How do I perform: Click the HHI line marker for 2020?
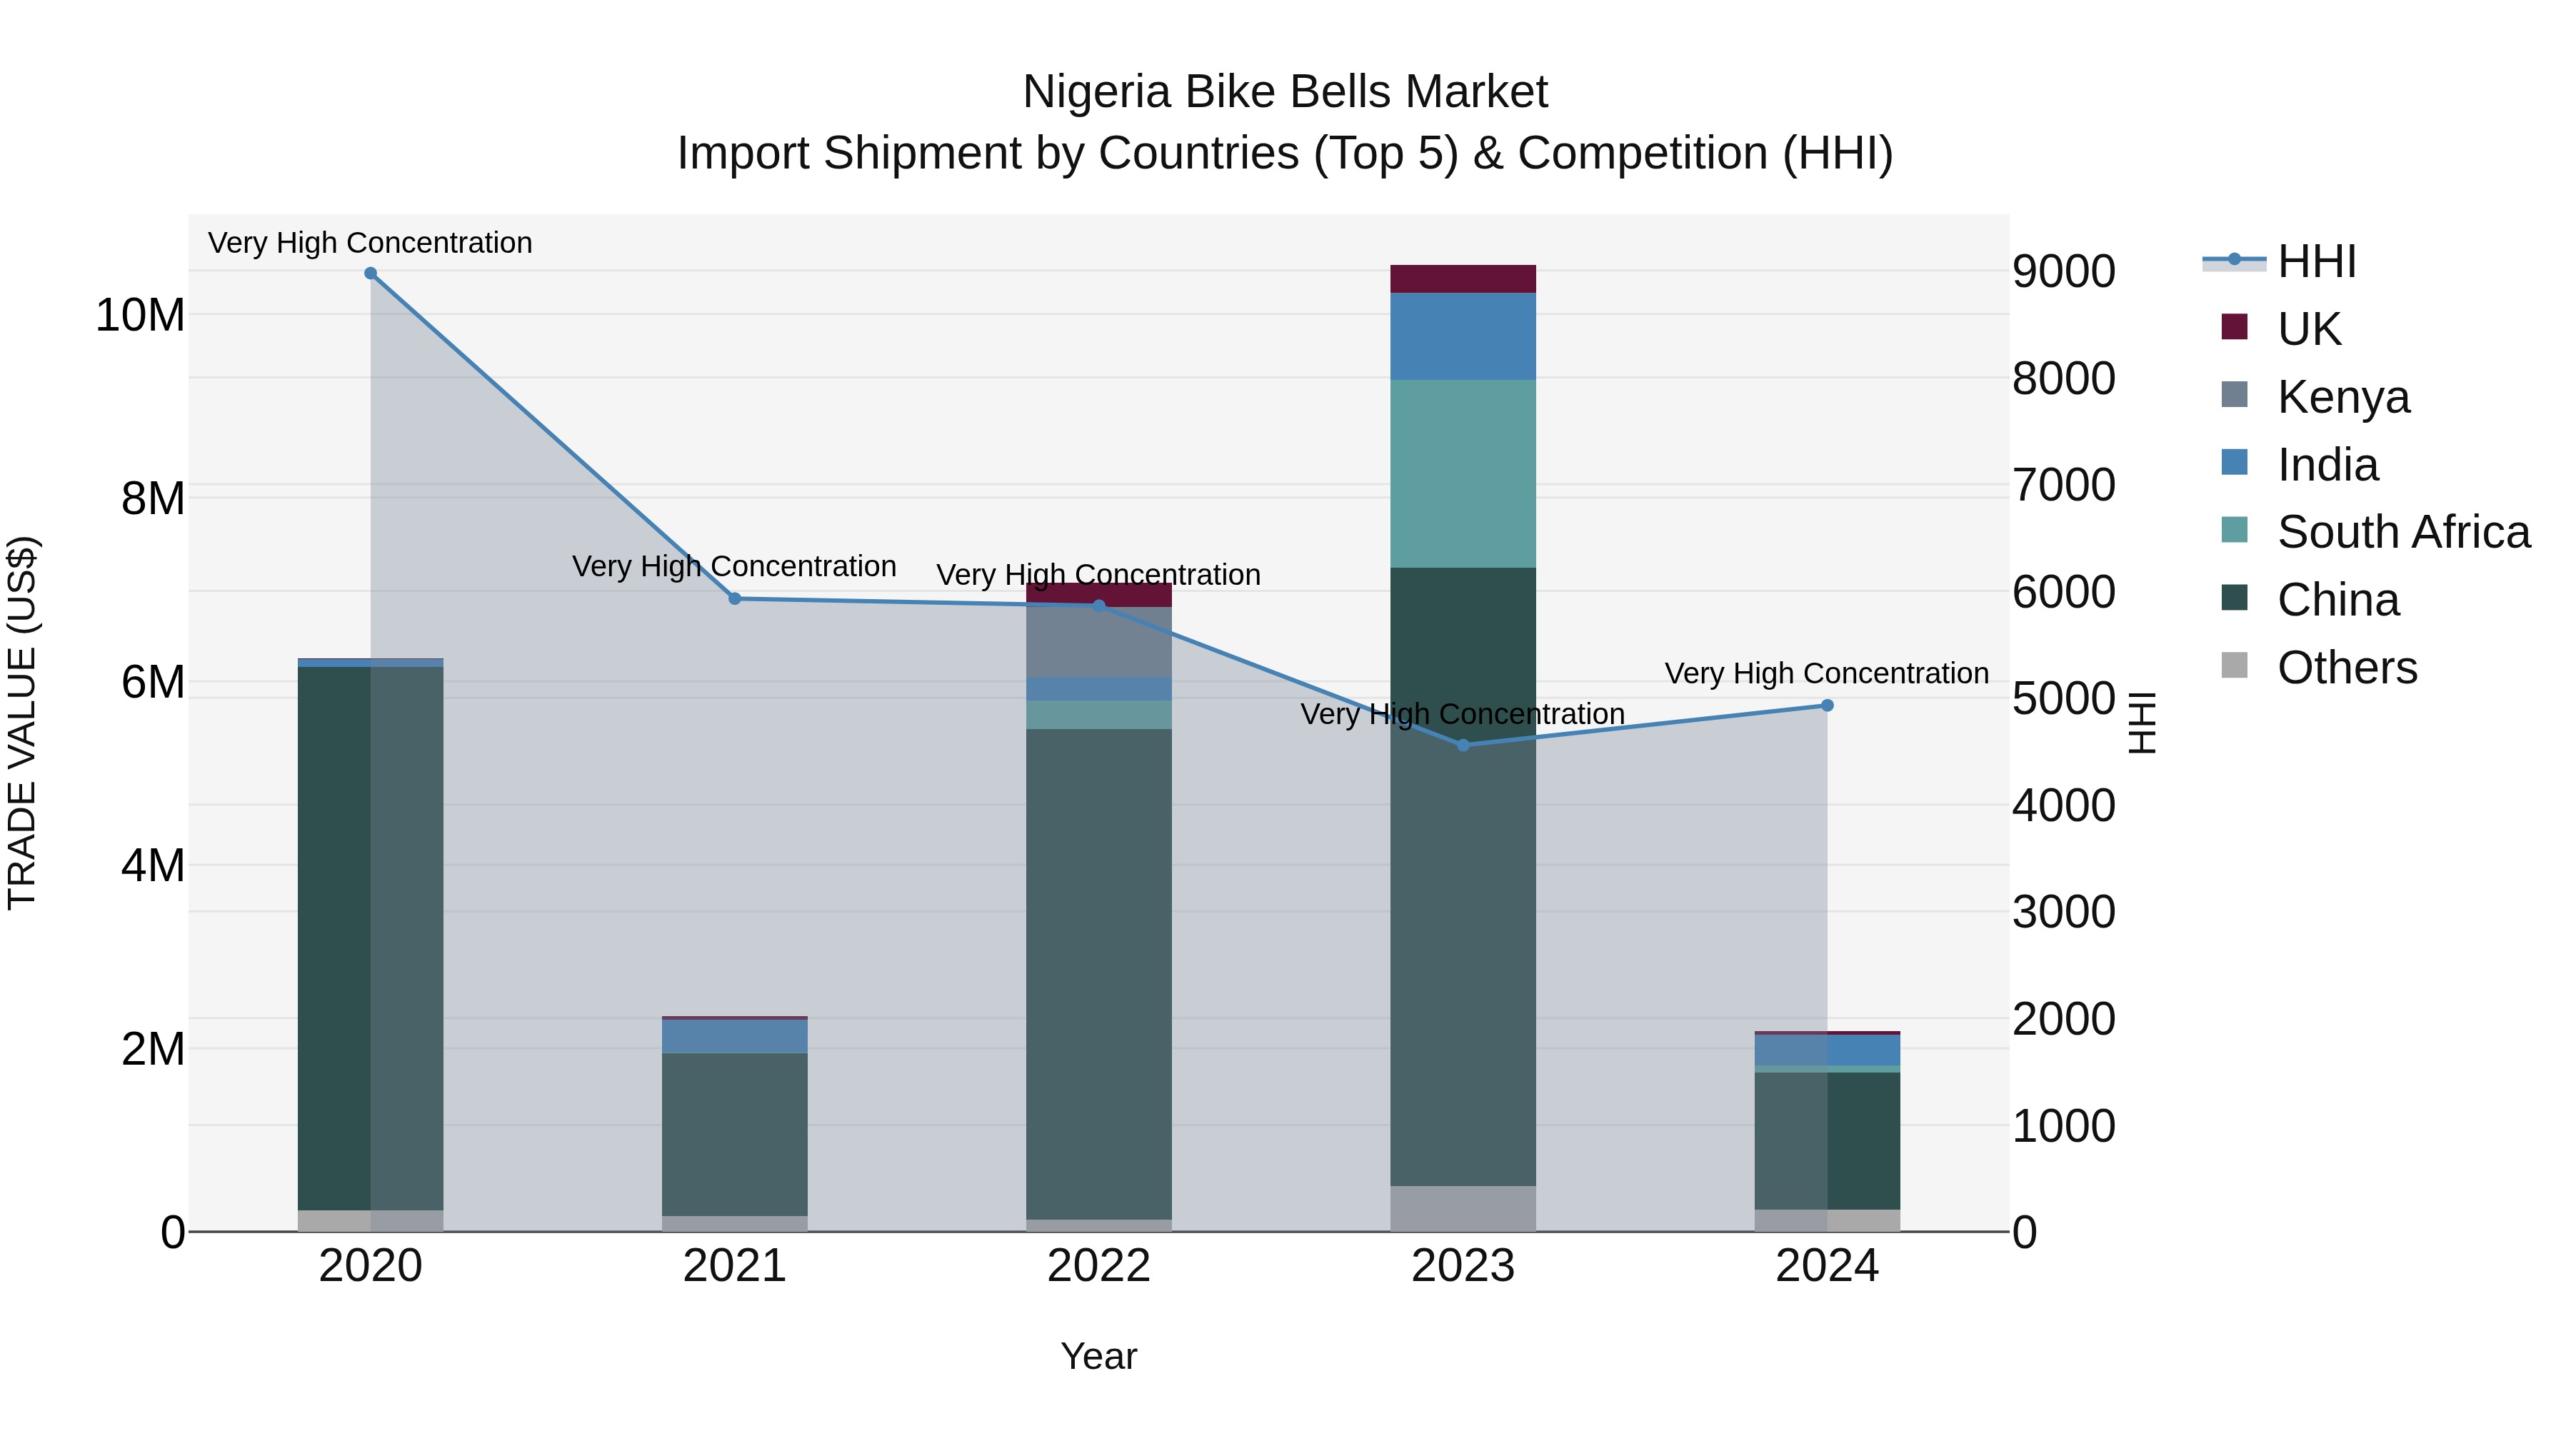coord(370,273)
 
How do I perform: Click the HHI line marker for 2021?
coord(735,599)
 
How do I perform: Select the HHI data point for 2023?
coord(1463,745)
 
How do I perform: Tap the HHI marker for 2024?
coord(1828,706)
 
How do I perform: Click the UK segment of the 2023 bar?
coord(1463,279)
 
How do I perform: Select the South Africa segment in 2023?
coord(1463,474)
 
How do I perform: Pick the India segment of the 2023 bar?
coord(1463,336)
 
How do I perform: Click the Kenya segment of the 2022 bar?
coord(1099,643)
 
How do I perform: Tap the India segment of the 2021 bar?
coord(735,1036)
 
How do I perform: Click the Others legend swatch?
coord(2235,666)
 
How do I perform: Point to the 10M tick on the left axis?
coord(140,316)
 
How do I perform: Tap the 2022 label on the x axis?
coord(1099,1266)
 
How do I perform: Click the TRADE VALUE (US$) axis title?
coord(22,723)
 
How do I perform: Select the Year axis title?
coord(1099,1356)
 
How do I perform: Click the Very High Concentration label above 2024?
coord(1826,673)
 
